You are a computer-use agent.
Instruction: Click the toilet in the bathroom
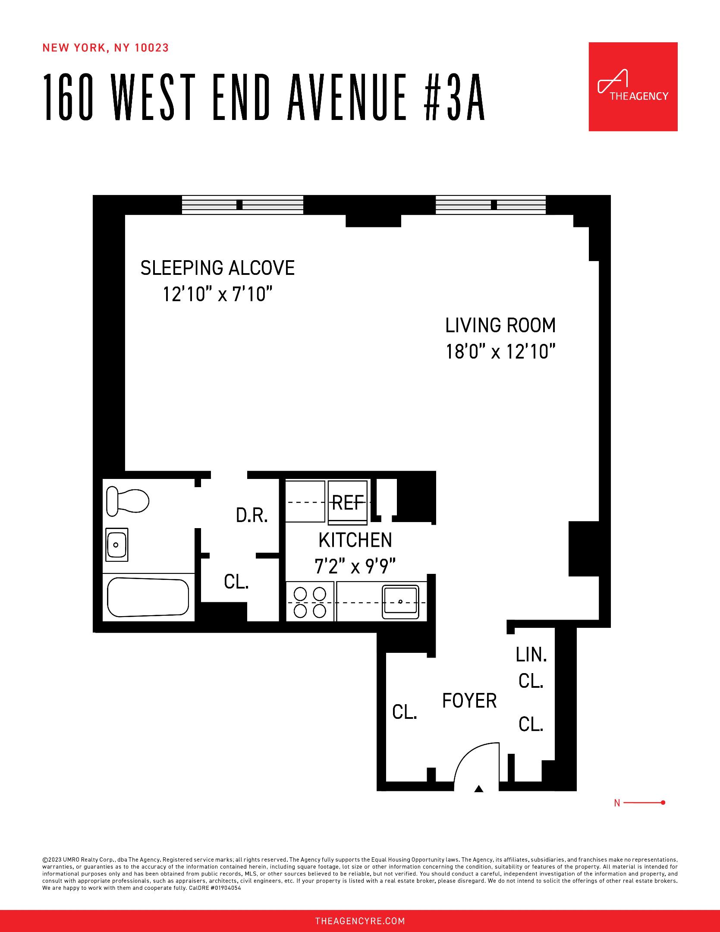pyautogui.click(x=127, y=501)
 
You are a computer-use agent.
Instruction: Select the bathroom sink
pyautogui.click(x=116, y=545)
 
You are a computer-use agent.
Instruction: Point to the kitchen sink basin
pyautogui.click(x=400, y=601)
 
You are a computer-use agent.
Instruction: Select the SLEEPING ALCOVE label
pyautogui.click(x=217, y=268)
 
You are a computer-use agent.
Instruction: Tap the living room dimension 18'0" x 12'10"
pyautogui.click(x=500, y=352)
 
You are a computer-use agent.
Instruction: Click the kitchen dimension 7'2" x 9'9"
pyautogui.click(x=355, y=567)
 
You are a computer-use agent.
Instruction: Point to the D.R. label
pyautogui.click(x=252, y=516)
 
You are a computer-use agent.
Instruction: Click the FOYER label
pyautogui.click(x=469, y=701)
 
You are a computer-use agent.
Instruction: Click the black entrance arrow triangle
pyautogui.click(x=478, y=789)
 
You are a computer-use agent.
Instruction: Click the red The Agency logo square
pyautogui.click(x=633, y=87)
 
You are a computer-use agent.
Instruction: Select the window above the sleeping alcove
pyautogui.click(x=242, y=205)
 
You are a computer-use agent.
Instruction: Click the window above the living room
pyautogui.click(x=490, y=205)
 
